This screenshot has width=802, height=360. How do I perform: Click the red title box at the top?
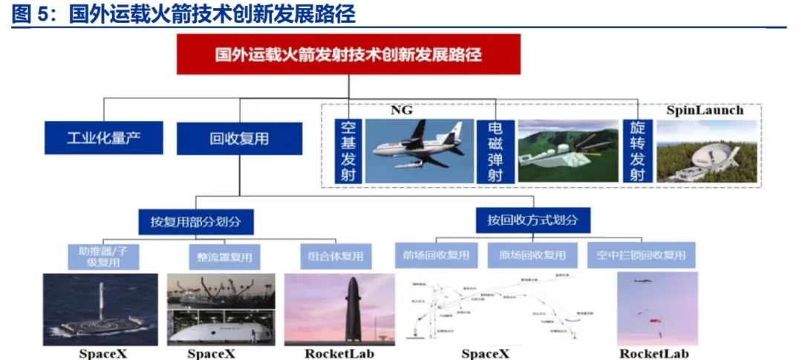point(348,55)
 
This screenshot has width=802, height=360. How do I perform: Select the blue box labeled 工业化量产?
point(103,138)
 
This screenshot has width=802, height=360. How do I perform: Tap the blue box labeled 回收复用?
point(239,138)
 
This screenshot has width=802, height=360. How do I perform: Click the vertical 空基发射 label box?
point(348,151)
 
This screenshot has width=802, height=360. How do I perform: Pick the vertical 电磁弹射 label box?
point(495,151)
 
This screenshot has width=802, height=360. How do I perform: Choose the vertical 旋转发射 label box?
point(637,151)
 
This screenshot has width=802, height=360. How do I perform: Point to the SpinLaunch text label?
point(705,111)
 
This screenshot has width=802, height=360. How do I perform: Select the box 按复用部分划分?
point(196,221)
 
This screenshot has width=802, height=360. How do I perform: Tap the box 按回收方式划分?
point(532,220)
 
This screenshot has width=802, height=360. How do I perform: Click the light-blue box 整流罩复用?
point(224,258)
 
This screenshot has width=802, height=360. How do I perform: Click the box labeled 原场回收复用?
point(532,255)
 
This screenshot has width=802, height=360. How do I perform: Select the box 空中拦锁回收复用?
point(642,255)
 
